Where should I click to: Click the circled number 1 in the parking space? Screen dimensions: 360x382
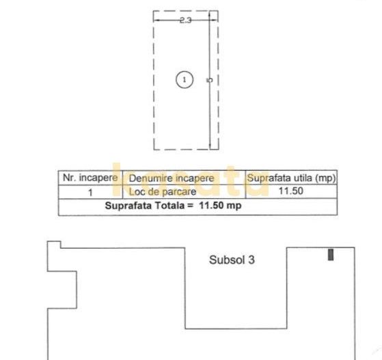click(x=185, y=80)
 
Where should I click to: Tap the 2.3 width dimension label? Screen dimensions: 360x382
click(x=185, y=20)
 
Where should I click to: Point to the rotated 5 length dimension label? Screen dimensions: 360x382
click(x=209, y=80)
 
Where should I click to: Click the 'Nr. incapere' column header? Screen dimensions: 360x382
click(x=90, y=178)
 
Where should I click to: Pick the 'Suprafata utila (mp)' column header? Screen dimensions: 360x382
click(x=291, y=178)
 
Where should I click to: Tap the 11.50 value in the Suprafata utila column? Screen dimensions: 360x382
click(x=291, y=191)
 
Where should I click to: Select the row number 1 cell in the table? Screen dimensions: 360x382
click(x=90, y=192)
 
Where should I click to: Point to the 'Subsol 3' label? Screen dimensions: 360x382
click(x=232, y=260)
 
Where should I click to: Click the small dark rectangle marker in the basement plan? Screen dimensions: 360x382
click(x=331, y=254)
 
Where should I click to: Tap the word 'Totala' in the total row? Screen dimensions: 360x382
click(x=167, y=205)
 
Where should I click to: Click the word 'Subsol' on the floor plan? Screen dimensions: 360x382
click(x=226, y=260)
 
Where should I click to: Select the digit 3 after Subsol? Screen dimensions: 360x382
click(x=251, y=260)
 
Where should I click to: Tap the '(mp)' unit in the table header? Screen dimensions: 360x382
click(x=325, y=178)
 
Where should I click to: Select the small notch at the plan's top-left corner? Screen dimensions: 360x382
click(x=53, y=245)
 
